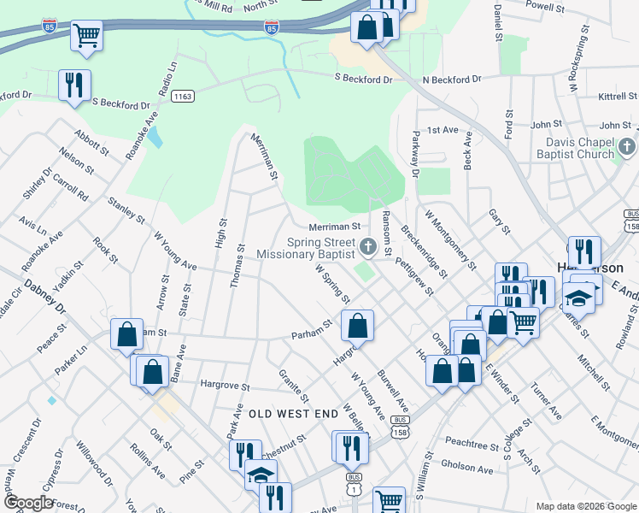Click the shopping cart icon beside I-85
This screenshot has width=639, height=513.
pos(86,35)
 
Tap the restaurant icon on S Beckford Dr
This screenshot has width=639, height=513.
pos(74,85)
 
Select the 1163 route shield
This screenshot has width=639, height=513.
pos(181,97)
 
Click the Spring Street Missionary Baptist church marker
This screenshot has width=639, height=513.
pos(368,248)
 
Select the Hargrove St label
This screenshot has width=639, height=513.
pos(224,386)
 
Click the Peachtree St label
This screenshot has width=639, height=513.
pos(472,445)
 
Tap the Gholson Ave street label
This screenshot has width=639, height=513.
pos(467,469)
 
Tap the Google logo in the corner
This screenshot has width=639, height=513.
pos(29,504)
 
